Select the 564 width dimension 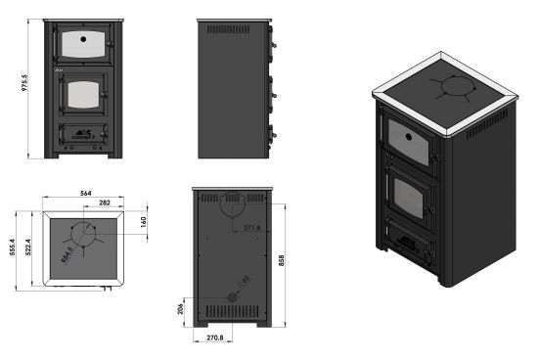85,194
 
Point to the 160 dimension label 145,222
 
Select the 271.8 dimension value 252,229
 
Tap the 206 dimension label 182,307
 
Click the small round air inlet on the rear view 232,296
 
